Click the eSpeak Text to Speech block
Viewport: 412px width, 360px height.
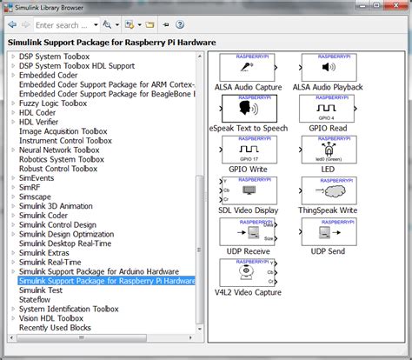(x=246, y=109)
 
